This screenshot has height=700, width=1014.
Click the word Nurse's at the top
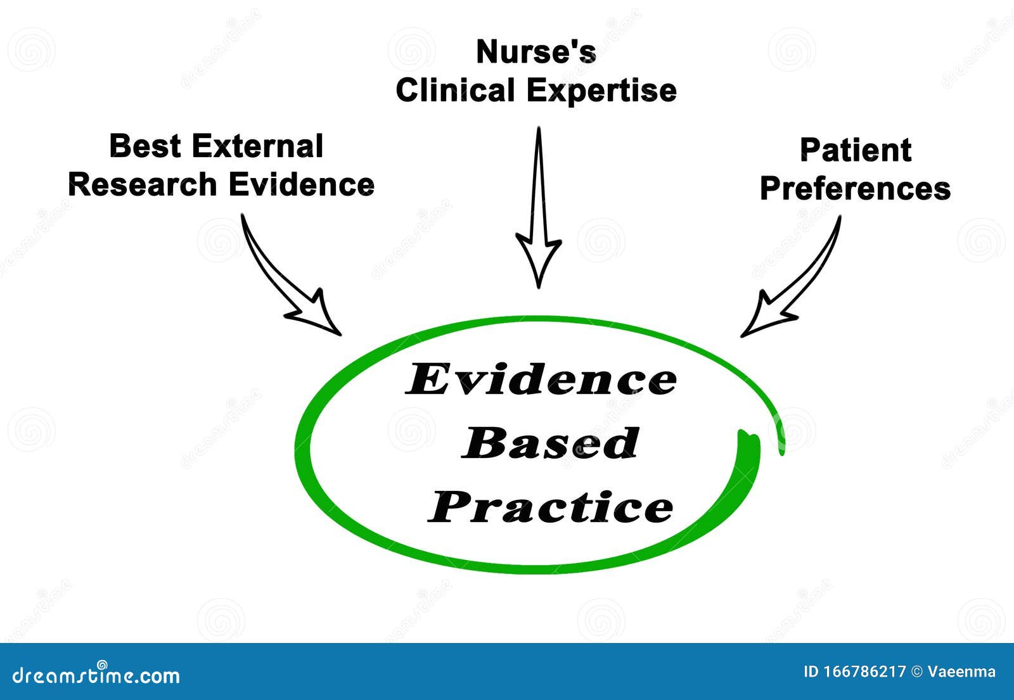(x=536, y=52)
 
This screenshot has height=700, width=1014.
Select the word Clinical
(x=455, y=90)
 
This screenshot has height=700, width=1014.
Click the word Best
(x=145, y=146)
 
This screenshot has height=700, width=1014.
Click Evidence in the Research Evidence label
(x=301, y=184)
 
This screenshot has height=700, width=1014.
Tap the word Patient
(x=855, y=150)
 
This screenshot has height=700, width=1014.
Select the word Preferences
(x=855, y=188)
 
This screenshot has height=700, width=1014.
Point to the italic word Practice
(x=550, y=507)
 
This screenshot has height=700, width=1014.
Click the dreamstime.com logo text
(x=96, y=675)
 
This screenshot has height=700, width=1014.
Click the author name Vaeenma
(x=961, y=672)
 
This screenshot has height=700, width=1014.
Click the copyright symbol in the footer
(x=916, y=672)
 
